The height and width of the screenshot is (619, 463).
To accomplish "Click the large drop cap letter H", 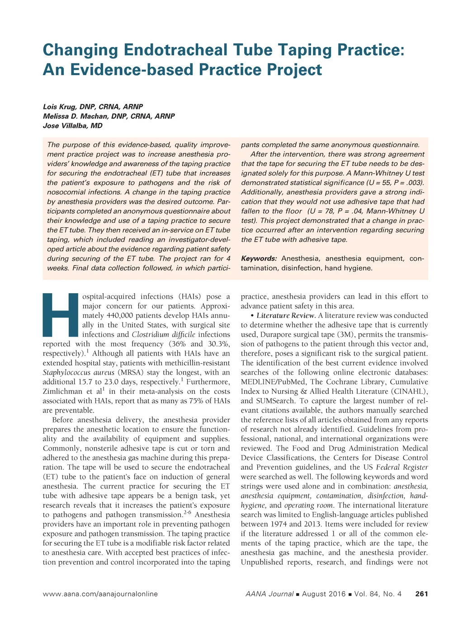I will point(61,315).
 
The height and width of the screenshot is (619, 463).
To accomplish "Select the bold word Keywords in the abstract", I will point(259,259).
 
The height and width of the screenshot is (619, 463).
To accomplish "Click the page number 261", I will point(421,594).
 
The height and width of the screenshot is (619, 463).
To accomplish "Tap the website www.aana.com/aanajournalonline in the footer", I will point(100,594).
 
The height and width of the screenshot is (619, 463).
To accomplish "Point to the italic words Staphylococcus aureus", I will point(79,373).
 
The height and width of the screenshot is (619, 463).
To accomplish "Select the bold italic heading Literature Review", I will point(286,316).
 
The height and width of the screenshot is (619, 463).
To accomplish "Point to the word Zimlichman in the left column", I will point(63,392).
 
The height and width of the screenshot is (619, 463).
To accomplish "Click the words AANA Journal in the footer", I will point(269,594).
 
